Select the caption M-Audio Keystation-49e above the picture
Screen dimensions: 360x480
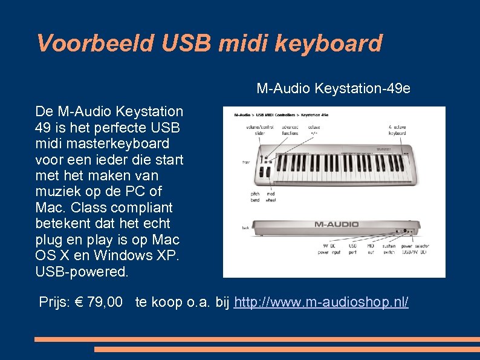pyautogui.click(x=333, y=89)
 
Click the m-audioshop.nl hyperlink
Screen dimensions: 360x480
pyautogui.click(x=321, y=301)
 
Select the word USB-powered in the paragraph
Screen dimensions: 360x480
pyautogui.click(x=82, y=272)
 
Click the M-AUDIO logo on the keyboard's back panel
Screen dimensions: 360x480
pyautogui.click(x=336, y=224)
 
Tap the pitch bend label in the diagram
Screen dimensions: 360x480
pyautogui.click(x=256, y=196)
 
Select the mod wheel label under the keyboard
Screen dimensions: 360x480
pyautogui.click(x=271, y=196)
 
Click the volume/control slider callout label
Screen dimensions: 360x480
pyautogui.click(x=259, y=130)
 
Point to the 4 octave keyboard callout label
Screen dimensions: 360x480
pyautogui.click(x=397, y=130)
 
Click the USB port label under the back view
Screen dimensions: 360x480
pyautogui.click(x=353, y=249)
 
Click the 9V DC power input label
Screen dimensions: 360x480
pyautogui.click(x=327, y=249)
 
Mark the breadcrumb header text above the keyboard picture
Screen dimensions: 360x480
pyautogui.click(x=281, y=114)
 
